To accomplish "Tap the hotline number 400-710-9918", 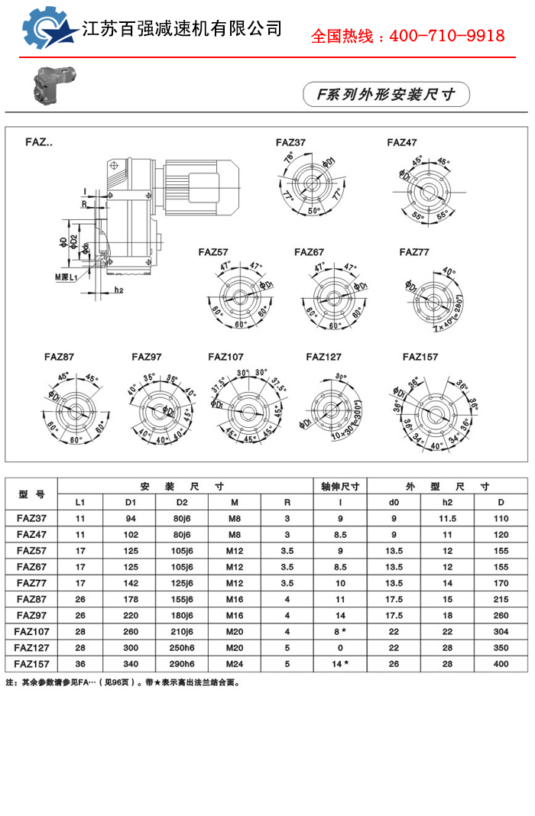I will pyautogui.click(x=407, y=36).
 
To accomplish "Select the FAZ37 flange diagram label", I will pyautogui.click(x=291, y=143).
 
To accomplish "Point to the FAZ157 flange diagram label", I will pyautogui.click(x=420, y=357).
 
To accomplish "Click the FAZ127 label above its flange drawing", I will pyautogui.click(x=324, y=357).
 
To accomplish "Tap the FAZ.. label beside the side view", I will pyautogui.click(x=39, y=142).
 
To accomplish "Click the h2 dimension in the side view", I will pyautogui.click(x=119, y=290).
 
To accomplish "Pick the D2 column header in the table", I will pyautogui.click(x=182, y=502).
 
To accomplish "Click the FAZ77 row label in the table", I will pyautogui.click(x=31, y=583).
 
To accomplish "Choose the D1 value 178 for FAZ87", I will pyautogui.click(x=131, y=599).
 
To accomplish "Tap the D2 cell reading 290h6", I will pyautogui.click(x=182, y=664).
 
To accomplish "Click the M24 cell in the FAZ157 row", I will pyautogui.click(x=235, y=664).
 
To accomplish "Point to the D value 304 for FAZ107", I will pyautogui.click(x=501, y=632).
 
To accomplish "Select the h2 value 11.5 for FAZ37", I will pyautogui.click(x=447, y=519).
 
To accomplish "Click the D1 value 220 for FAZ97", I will pyautogui.click(x=131, y=616).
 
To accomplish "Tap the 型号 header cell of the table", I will pyautogui.click(x=31, y=494).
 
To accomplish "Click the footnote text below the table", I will pyautogui.click(x=123, y=682).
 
